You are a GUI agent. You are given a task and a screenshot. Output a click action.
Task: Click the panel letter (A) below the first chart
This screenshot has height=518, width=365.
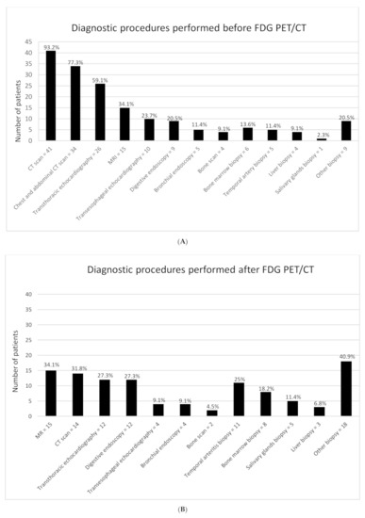coord(181,241)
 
